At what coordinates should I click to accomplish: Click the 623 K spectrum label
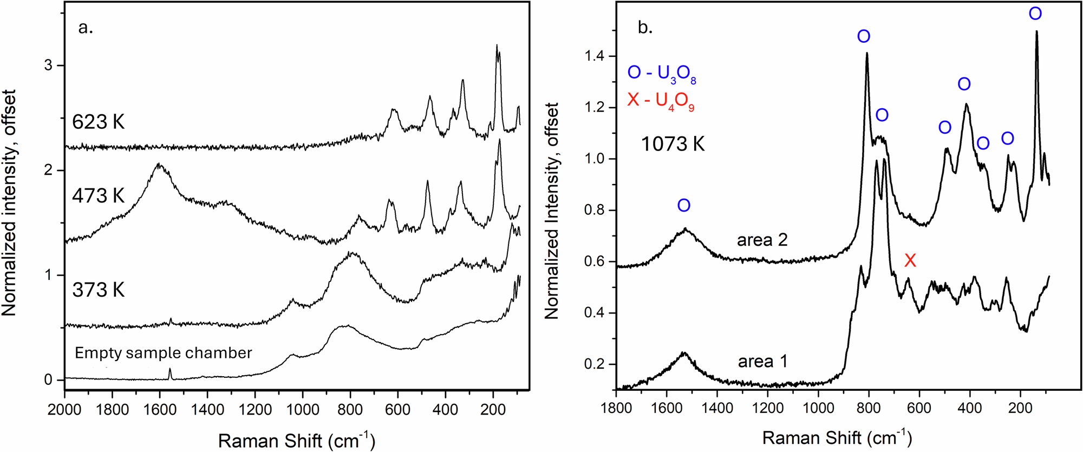(x=98, y=122)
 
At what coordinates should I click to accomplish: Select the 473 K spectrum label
(x=98, y=195)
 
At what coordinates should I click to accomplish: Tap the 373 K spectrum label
(x=98, y=290)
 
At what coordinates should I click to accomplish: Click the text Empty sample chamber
(x=163, y=353)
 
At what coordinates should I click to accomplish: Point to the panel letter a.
(x=86, y=27)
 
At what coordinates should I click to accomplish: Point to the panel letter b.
(x=645, y=27)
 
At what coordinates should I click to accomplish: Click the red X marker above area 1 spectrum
(x=910, y=260)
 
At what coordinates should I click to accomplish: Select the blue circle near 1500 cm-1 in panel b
(x=684, y=205)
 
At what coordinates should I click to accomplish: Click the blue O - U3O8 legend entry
(x=662, y=74)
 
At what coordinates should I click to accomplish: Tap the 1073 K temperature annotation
(x=673, y=145)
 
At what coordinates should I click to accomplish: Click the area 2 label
(x=762, y=240)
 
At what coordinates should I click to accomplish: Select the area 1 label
(x=762, y=361)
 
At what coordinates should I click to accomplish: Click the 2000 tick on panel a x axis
(x=64, y=410)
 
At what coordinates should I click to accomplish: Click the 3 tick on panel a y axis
(x=48, y=65)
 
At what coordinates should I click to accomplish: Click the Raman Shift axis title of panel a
(x=296, y=441)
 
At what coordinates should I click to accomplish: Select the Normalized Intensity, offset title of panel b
(x=551, y=211)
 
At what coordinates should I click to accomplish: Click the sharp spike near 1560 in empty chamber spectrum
(x=170, y=372)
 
